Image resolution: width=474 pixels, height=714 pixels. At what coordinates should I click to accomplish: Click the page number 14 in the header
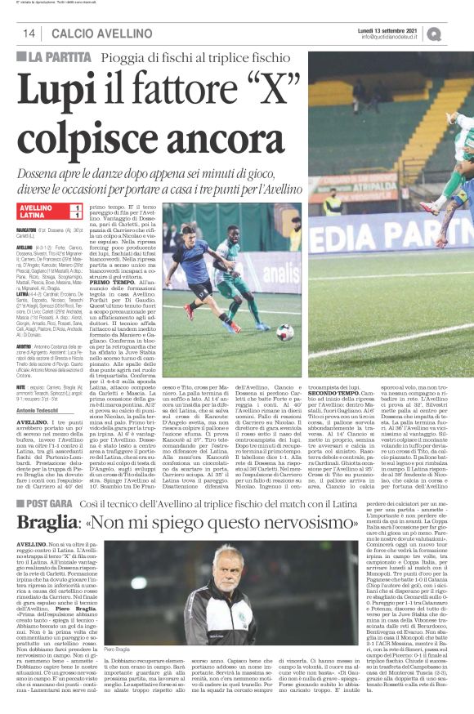click(29, 33)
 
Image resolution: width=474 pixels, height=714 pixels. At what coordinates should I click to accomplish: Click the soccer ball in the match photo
click(284, 332)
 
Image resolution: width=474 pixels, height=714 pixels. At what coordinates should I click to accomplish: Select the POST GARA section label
click(51, 484)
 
